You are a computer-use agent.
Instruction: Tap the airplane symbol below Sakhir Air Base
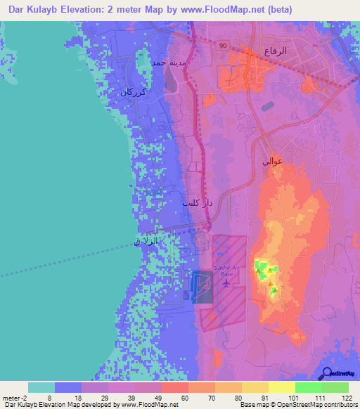click(x=225, y=284)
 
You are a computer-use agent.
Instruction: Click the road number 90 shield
click(x=222, y=46)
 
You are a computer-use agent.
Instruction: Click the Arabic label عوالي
click(x=272, y=161)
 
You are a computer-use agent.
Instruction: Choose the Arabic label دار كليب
click(x=198, y=203)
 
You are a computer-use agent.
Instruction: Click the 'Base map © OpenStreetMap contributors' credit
click(x=297, y=405)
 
